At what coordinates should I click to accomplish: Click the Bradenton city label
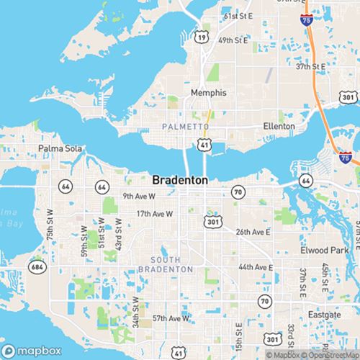(x=180, y=180)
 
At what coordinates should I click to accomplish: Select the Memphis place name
(x=208, y=93)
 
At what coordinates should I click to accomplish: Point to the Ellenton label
(x=279, y=126)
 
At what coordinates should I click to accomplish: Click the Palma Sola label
(x=57, y=150)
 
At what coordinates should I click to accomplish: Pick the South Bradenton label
(x=172, y=264)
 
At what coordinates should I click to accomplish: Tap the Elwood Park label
(x=324, y=250)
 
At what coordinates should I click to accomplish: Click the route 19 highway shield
(x=203, y=35)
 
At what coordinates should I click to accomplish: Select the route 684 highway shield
(x=35, y=267)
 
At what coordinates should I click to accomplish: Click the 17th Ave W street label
(x=155, y=214)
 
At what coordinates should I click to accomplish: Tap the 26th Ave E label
(x=253, y=232)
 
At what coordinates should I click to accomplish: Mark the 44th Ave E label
(x=256, y=266)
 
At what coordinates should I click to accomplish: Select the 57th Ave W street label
(x=171, y=318)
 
